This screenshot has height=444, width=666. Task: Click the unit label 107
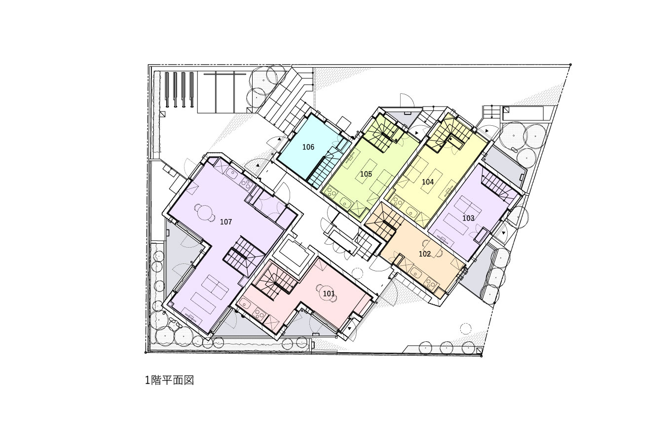[x=226, y=222]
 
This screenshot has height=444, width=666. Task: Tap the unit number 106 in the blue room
[x=308, y=147]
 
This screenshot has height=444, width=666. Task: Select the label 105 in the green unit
[x=366, y=174]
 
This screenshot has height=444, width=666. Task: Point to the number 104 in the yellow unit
[x=428, y=182]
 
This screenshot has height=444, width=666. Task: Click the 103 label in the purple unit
[x=468, y=218]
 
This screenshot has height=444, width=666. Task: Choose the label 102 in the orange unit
[x=425, y=254]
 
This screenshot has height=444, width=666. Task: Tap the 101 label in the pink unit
[x=329, y=294]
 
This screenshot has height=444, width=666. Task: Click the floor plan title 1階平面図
[x=170, y=380]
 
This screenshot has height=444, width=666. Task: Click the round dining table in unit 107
[x=205, y=212]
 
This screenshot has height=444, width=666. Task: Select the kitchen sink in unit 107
[x=231, y=173]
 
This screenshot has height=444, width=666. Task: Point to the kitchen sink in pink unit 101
[x=245, y=304]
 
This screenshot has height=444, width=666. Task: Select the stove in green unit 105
[x=331, y=193]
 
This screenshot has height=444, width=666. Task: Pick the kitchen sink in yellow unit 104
[x=412, y=212]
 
